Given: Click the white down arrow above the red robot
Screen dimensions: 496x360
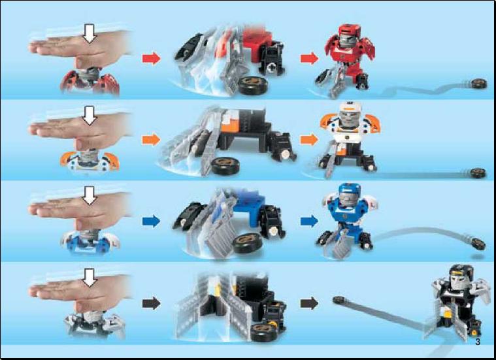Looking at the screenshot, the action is point(90,34).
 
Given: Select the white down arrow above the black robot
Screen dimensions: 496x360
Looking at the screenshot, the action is point(90,278).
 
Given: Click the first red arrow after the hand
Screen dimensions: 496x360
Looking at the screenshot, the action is point(152,59).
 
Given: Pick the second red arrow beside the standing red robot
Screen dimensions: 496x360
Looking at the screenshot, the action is point(309,59).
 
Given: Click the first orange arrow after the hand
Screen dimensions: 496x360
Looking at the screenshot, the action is point(152,140).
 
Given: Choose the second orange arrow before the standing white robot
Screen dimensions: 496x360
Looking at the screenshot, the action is point(309,140).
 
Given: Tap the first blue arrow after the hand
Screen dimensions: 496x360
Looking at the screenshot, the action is point(152,221).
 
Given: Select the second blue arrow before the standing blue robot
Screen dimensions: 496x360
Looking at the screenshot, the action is point(309,221).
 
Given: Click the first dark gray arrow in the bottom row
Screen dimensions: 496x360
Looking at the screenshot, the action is point(152,303).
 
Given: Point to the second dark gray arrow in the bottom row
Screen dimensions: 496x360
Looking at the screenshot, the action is point(309,303).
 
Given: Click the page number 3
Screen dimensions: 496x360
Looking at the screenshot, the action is point(478,342).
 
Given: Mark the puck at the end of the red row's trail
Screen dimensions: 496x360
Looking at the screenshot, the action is point(478,84).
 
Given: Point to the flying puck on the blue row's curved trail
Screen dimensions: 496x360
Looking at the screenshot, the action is point(478,244).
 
